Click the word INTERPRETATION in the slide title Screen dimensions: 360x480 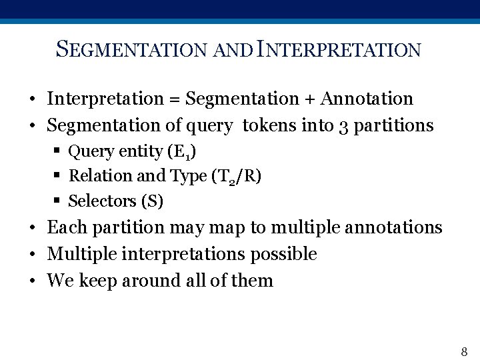(338, 49)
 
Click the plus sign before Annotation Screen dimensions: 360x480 (309, 99)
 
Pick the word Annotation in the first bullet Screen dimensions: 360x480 (367, 99)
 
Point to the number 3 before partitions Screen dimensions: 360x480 (342, 126)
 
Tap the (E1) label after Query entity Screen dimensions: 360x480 (182, 152)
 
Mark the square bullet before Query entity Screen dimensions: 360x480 (59, 151)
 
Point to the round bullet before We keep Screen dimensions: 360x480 (32, 281)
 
